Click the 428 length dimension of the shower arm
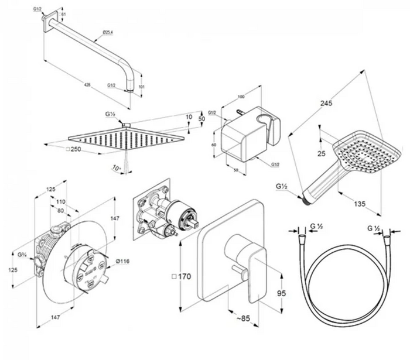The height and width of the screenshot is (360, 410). (x=87, y=85)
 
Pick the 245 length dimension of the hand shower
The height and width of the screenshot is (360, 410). (x=326, y=104)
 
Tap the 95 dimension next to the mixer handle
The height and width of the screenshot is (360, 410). (x=280, y=293)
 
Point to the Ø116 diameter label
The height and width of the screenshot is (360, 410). (x=122, y=261)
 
